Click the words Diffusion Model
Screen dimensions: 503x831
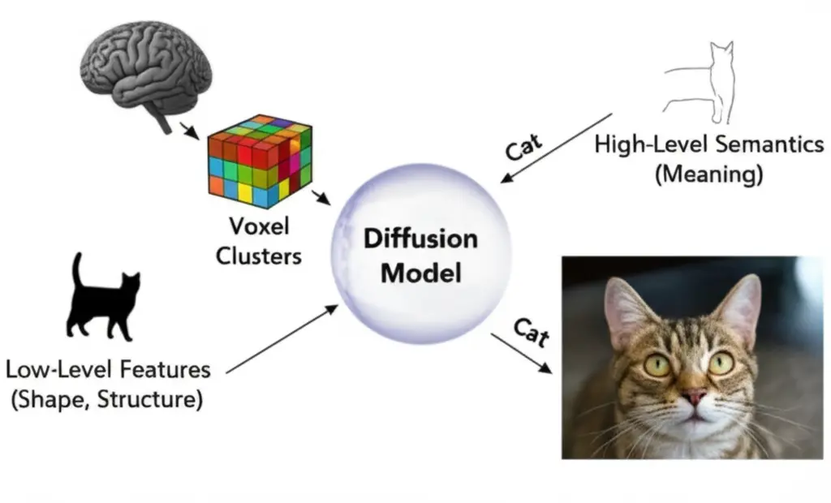click(420, 256)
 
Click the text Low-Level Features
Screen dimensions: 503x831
click(108, 370)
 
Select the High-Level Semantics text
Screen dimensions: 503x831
click(709, 145)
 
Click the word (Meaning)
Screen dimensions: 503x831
click(708, 174)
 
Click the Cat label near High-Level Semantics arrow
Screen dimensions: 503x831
click(523, 146)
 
